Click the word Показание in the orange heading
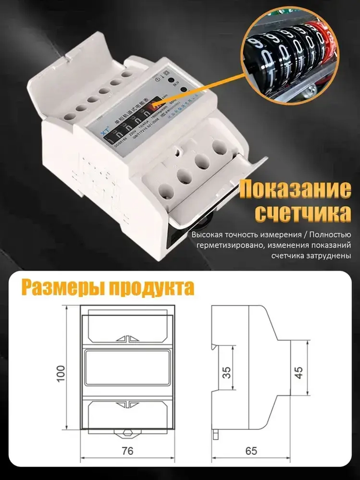click(295, 189)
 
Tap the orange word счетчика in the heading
click(302, 214)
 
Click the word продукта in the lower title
click(151, 288)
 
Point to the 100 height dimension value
click(60, 373)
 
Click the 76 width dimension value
click(127, 451)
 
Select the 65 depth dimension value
click(251, 451)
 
